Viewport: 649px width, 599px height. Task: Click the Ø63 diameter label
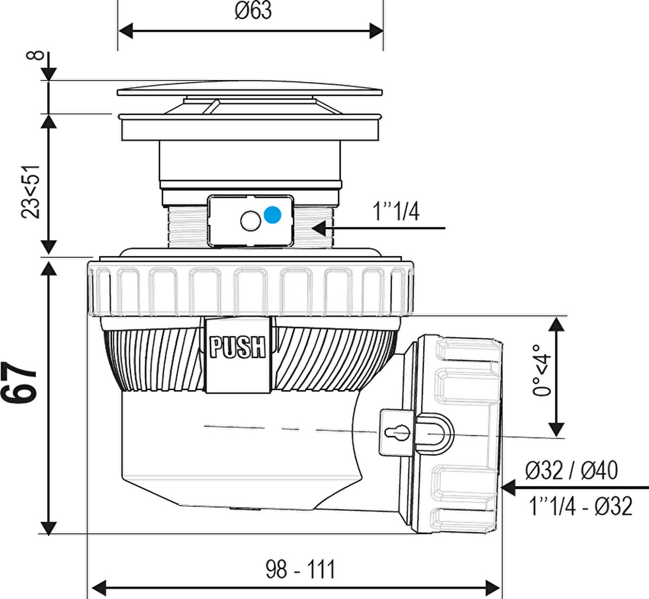253,11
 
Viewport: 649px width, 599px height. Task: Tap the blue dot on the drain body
273,215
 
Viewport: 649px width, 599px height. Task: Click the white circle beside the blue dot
250,221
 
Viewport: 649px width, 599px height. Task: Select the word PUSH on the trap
237,348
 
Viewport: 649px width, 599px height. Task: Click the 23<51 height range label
30,192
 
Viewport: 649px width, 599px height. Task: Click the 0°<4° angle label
541,370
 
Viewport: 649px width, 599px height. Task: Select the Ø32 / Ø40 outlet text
572,470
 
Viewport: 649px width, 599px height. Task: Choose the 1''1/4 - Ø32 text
581,506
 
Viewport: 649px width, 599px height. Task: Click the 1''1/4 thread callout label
396,212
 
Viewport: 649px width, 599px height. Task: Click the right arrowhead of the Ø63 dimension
376,31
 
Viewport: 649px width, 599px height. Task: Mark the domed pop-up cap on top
250,88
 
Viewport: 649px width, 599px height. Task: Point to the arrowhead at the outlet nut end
509,488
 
